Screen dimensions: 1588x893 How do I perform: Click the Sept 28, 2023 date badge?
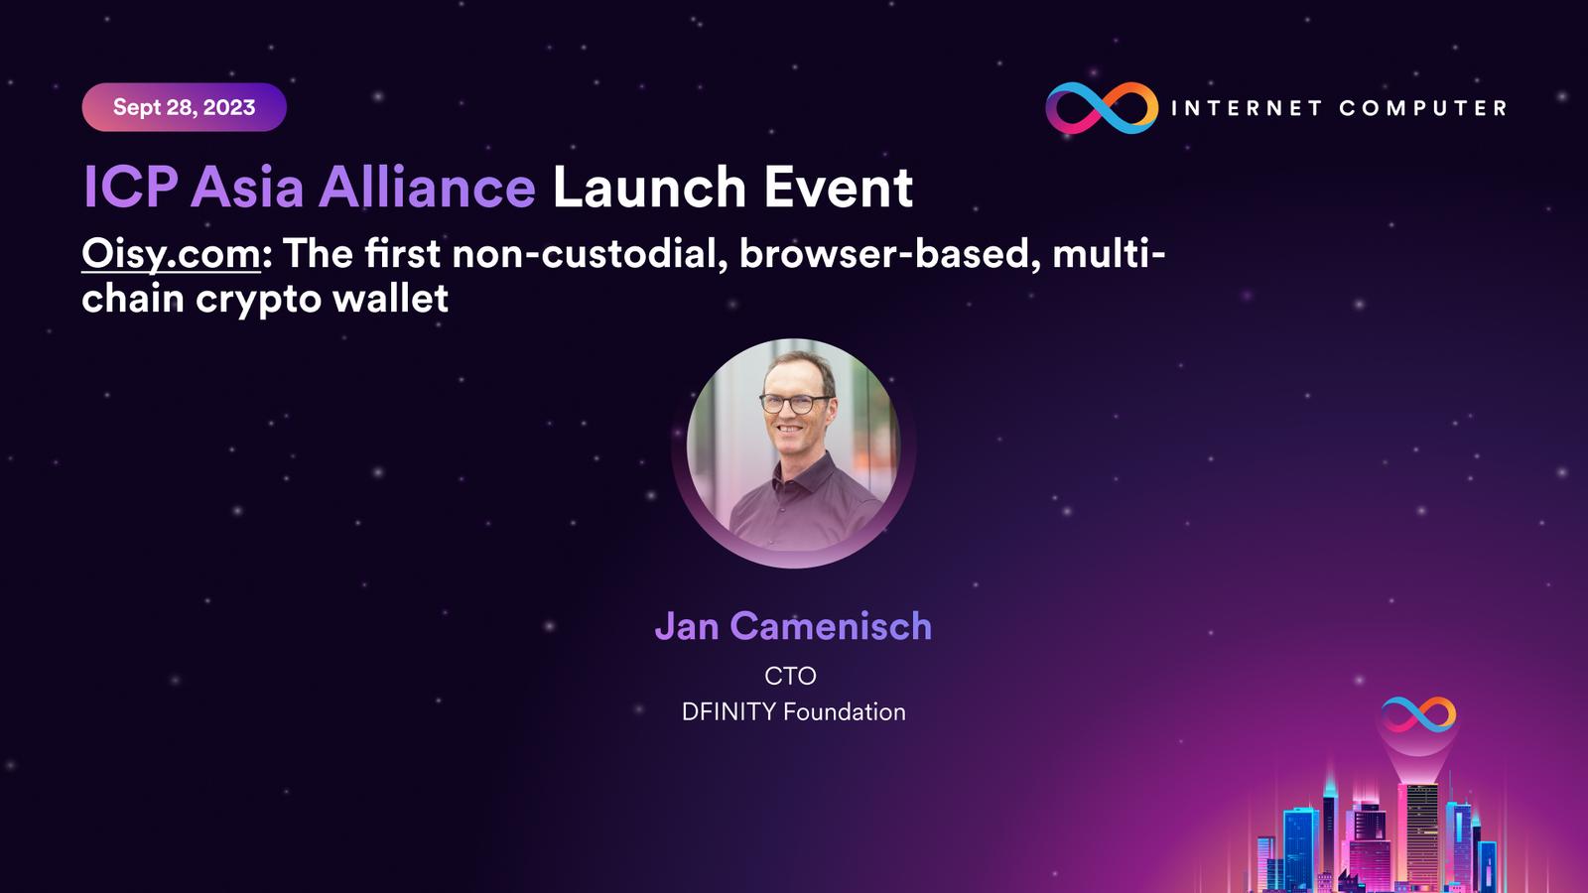185,107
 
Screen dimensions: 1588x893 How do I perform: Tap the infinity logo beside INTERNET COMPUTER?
1102,108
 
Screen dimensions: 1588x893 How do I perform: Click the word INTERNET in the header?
1247,108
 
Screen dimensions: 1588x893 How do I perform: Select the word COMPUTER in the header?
1423,108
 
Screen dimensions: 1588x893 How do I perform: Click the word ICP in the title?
130,188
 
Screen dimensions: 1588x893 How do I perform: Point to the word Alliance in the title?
427,188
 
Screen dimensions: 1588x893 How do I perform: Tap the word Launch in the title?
649,188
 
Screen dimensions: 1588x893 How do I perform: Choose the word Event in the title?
838,188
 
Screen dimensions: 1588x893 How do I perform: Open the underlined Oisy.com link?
172,254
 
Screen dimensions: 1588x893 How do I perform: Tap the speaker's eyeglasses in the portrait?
795,403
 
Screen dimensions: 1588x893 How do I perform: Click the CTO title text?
790,676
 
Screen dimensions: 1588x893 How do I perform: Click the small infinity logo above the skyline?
1418,714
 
